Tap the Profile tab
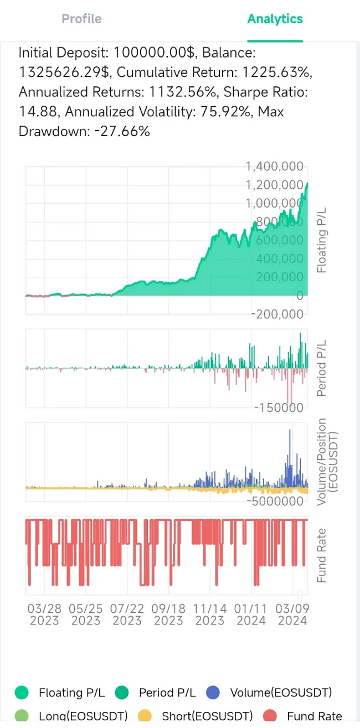point(81,19)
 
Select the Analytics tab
point(275,19)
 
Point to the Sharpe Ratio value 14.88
point(38,112)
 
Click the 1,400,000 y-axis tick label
point(275,166)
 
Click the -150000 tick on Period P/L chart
point(278,408)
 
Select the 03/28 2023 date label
point(44,614)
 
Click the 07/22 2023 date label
point(127,614)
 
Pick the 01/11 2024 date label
point(251,614)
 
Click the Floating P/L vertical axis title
point(321,241)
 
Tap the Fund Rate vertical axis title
point(321,555)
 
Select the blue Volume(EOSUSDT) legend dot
point(213,692)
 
